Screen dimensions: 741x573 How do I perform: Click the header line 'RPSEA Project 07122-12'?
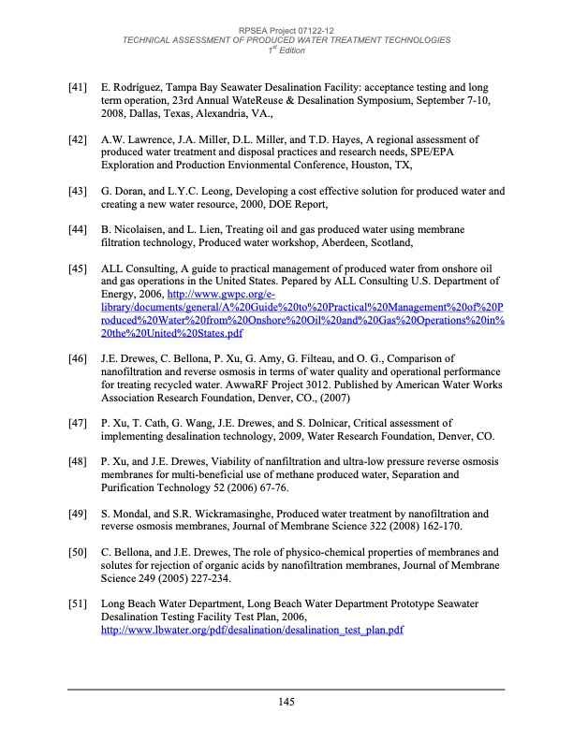(x=286, y=31)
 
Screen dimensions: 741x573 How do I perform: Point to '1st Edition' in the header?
(x=286, y=50)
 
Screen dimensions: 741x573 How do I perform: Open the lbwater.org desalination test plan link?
(x=252, y=632)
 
